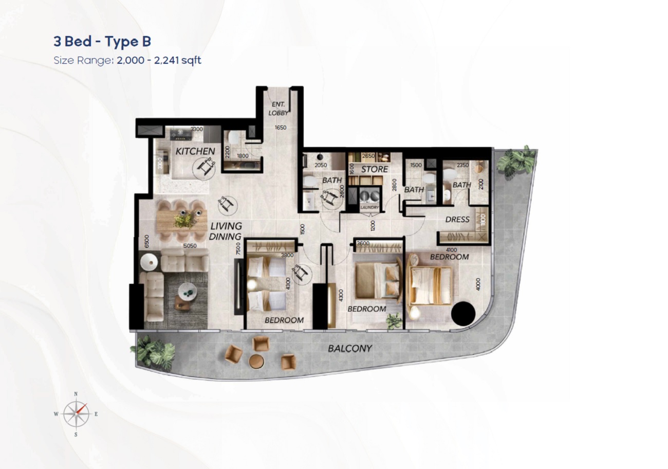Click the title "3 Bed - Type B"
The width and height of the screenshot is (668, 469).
coord(102,42)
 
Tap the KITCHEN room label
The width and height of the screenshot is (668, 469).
coord(195,151)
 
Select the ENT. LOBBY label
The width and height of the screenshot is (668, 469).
coord(278,109)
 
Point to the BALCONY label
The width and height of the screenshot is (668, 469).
coord(349,349)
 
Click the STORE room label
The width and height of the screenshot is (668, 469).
coord(374,169)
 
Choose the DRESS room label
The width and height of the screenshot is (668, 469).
coord(457,220)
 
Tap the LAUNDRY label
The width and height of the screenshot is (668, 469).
coord(369,207)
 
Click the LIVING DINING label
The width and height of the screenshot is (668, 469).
coord(226,231)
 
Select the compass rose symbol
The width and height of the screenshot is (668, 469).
coord(76,413)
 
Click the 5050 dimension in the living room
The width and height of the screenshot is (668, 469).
coord(190,246)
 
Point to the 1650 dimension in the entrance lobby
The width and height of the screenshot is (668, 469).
coord(280,128)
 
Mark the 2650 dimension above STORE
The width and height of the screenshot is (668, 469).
coord(368,156)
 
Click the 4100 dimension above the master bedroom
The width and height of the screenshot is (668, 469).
coord(452,250)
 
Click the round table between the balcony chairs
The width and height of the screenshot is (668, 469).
coord(256,361)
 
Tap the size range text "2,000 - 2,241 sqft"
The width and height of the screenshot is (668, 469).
coord(159,60)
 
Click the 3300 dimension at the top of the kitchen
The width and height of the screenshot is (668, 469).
coord(196,130)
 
